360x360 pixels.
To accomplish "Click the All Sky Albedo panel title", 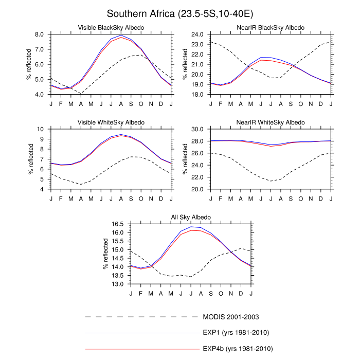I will coord(191,217).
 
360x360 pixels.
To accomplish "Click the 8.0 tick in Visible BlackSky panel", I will coord(42,34).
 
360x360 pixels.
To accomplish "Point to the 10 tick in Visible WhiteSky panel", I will coord(44,129).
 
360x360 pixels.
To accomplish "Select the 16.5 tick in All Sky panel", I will coord(120,224).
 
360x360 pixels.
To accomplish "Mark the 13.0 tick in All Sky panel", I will coord(120,284).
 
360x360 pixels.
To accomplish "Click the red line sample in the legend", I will coord(141,349).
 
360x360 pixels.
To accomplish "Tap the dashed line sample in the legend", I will coord(141,316).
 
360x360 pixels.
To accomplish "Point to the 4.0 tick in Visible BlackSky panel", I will coord(42,95).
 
